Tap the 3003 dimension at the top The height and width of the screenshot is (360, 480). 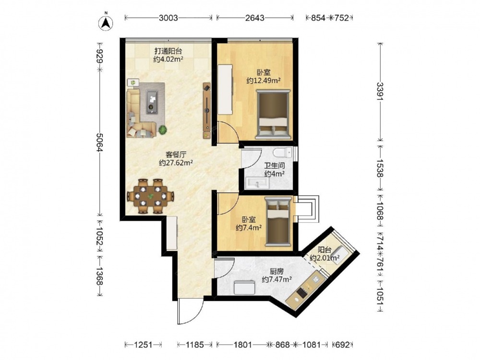coord(168,18)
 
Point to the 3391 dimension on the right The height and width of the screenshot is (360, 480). coord(380,92)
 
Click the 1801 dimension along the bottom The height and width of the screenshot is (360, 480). coord(243,345)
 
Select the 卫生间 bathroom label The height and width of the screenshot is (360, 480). coord(275,166)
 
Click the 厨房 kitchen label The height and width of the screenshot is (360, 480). coord(276,271)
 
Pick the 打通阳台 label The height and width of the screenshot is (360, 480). coord(168,51)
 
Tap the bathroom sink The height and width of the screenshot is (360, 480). coord(257,183)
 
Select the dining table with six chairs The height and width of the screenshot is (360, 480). coord(150,196)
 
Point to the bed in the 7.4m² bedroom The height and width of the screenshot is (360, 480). coord(278,221)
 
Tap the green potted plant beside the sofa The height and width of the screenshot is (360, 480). coord(163,130)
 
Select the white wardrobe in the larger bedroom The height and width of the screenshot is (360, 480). coord(225,89)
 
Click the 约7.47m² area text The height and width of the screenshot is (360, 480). coord(276,279)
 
